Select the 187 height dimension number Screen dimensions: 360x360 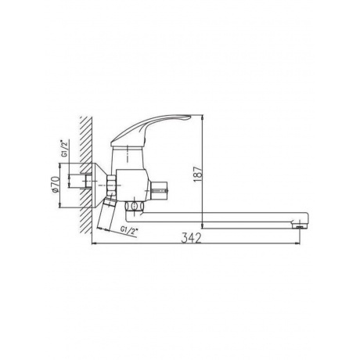coord(198,171)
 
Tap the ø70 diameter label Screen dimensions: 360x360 coord(56,185)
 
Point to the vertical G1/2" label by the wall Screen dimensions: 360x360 coord(64,149)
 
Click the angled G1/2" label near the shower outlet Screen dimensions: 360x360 coord(129,231)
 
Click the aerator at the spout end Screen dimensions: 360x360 coord(300,225)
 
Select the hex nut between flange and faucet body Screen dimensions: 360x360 coord(111,185)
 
